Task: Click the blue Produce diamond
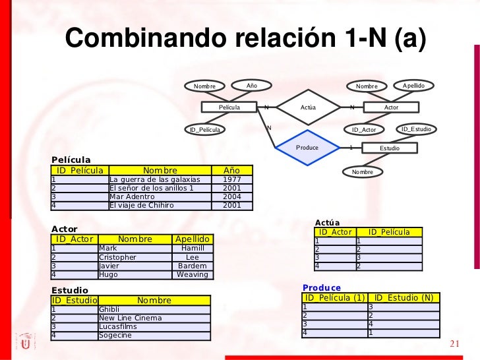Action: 307,148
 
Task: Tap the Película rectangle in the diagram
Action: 229,107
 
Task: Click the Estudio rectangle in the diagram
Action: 389,148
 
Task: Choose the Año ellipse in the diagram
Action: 251,86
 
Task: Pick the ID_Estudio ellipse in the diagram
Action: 416,129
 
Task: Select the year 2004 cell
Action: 232,196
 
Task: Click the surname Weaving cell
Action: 192,274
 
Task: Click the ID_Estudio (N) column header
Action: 404,298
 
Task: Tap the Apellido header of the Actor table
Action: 192,239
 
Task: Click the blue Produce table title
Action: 322,288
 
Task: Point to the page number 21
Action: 454,344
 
